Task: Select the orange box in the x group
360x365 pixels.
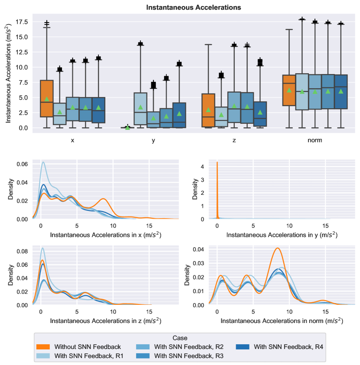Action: click(x=47, y=99)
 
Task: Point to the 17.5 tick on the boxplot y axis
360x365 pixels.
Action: click(x=22, y=22)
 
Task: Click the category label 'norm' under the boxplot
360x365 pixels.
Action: click(x=315, y=140)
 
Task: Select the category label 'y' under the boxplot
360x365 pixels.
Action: click(x=153, y=140)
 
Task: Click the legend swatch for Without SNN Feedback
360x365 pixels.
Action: click(x=44, y=347)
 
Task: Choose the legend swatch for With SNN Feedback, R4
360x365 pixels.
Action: click(x=244, y=347)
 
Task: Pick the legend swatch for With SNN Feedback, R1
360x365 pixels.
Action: click(x=44, y=355)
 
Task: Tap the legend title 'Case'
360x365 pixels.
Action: click(x=180, y=338)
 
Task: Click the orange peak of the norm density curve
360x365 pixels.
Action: click(x=278, y=249)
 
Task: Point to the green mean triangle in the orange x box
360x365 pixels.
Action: click(x=47, y=99)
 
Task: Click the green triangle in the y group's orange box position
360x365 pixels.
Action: click(x=128, y=127)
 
